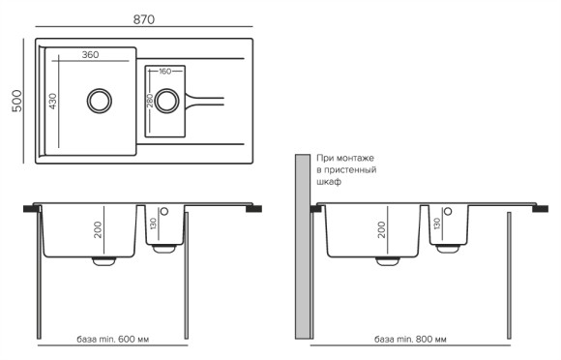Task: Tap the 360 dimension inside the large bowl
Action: [x=91, y=55]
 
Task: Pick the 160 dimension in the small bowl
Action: [x=164, y=72]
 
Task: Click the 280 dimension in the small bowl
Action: [x=150, y=100]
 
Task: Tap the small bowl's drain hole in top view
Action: [x=166, y=99]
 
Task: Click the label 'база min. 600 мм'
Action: [x=118, y=341]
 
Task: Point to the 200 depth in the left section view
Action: [x=98, y=228]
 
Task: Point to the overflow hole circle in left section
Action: [x=164, y=211]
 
